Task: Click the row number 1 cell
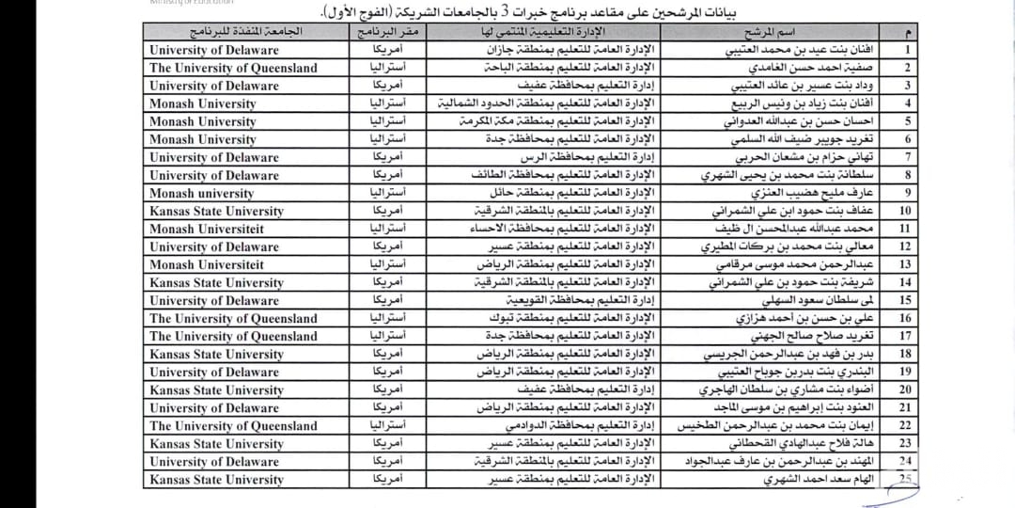tap(907, 50)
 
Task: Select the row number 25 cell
tap(907, 480)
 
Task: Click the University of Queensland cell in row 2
tap(233, 68)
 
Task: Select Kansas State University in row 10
tap(216, 211)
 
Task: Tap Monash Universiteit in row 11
tap(207, 229)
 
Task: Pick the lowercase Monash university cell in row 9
tap(202, 193)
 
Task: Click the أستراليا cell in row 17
tap(386, 336)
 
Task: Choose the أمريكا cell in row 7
tap(386, 157)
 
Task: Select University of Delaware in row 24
tap(214, 462)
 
